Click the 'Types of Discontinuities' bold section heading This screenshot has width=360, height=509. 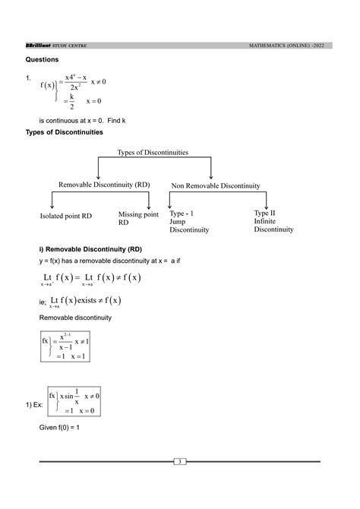tap(76, 132)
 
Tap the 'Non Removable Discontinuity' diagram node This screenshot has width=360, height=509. tap(216, 185)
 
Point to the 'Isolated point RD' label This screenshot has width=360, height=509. tap(66, 217)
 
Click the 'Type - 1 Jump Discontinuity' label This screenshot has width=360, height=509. tap(190, 222)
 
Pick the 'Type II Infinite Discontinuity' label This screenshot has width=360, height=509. tap(273, 221)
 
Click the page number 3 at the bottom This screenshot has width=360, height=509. tap(180, 462)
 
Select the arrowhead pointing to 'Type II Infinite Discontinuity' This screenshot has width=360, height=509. tap(267, 206)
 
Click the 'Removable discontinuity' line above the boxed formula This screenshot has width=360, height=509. tap(75, 317)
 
